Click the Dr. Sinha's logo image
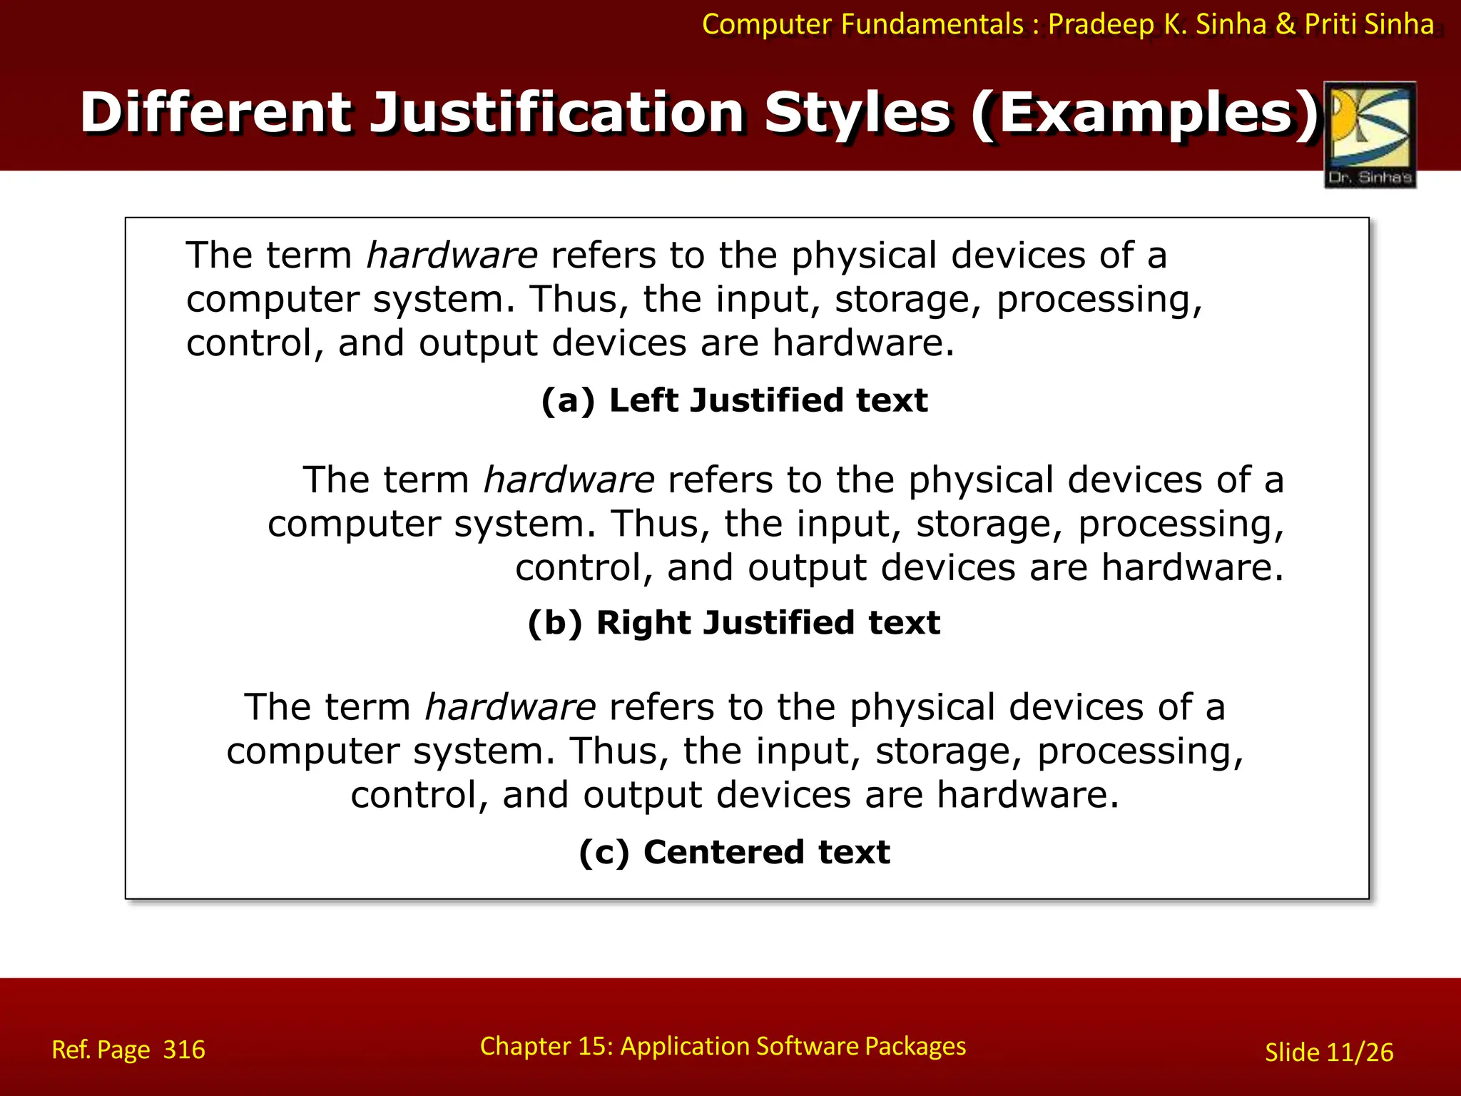click(x=1370, y=134)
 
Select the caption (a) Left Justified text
click(x=734, y=400)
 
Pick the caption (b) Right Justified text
click(x=734, y=623)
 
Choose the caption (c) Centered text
click(x=734, y=852)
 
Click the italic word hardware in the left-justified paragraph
click(x=452, y=255)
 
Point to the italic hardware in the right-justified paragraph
click(x=569, y=479)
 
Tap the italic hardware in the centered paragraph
click(x=510, y=707)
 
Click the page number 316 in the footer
click(x=184, y=1050)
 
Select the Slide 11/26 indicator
click(x=1328, y=1052)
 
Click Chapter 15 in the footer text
click(x=545, y=1046)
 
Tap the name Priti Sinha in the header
click(x=1369, y=24)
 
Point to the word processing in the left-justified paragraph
click(x=1099, y=300)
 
